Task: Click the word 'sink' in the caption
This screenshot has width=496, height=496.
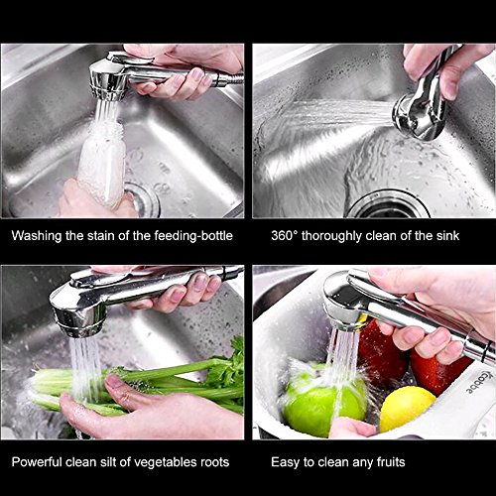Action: (448, 236)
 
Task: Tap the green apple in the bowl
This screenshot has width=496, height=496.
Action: (324, 399)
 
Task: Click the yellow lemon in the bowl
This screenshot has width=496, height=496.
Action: (407, 409)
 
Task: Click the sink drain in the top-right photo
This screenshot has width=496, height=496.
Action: (388, 204)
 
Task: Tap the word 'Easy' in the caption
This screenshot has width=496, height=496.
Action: (285, 462)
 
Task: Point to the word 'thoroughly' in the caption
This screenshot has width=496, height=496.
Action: (331, 236)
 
